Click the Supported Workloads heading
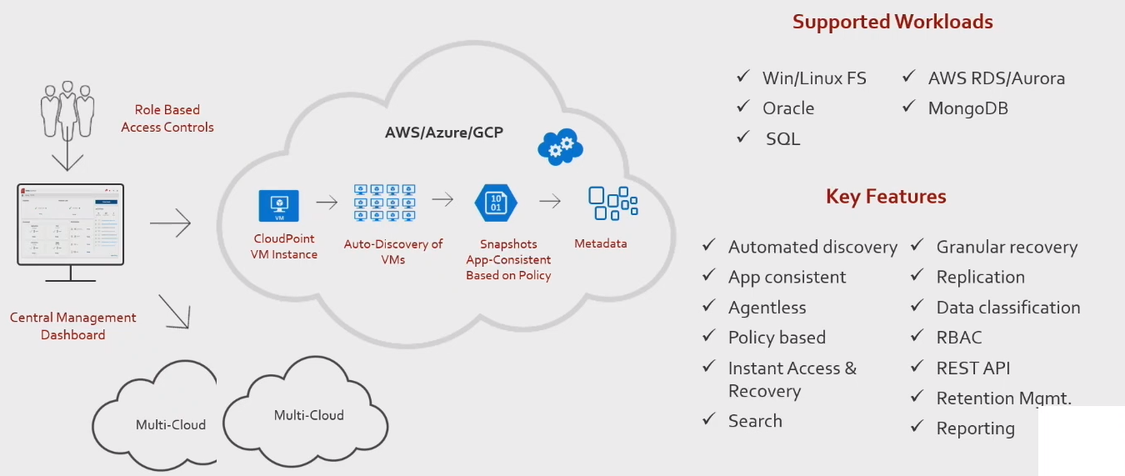pos(892,22)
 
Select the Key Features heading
pos(886,197)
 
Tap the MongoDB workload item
pos(967,108)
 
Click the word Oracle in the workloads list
pos(787,108)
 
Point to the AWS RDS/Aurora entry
pos(996,78)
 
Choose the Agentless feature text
pos(767,308)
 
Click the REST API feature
pos(972,368)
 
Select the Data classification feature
pos(1007,308)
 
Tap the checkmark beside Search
pos(709,419)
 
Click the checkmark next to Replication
pos(917,276)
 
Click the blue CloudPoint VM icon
pos(279,205)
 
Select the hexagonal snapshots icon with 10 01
pos(496,203)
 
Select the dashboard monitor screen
pos(70,223)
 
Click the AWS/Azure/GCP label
pos(443,133)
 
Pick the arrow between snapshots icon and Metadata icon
pos(550,201)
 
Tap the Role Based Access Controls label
pos(167,118)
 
